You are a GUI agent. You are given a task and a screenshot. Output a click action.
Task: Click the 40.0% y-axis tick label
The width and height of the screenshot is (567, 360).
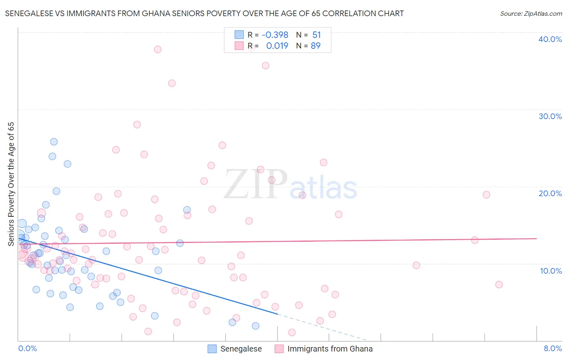coord(550,39)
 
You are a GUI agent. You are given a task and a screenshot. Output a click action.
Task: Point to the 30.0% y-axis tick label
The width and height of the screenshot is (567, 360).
coord(550,116)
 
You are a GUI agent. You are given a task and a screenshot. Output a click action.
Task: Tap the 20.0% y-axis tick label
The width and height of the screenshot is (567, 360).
coord(550,193)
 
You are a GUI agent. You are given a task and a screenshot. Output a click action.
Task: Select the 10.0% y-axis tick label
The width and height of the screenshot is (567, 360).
coord(550,271)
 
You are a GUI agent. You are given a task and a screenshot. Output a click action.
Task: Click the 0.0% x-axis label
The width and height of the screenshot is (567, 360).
coord(27,348)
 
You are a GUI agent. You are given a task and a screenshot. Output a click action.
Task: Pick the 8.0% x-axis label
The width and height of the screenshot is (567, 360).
coord(552,348)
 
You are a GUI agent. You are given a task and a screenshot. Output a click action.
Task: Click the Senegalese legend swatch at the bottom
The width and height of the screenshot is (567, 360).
coord(212,349)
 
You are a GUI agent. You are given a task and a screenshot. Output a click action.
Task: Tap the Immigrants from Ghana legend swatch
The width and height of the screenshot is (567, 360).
coord(279,349)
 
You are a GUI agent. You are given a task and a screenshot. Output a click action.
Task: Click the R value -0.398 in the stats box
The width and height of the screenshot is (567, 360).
coord(275,35)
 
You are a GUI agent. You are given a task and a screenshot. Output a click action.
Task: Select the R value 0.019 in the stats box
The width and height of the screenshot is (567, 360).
coord(277,46)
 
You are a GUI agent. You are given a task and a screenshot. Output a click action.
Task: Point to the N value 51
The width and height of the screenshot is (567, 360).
coord(316,35)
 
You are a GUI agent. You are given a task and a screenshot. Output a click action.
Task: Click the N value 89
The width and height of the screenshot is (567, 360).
coord(315,46)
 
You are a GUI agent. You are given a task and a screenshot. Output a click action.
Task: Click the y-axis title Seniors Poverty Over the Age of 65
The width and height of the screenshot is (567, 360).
coord(11,184)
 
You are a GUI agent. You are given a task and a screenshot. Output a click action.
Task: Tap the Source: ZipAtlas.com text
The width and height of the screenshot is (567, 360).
coord(531,14)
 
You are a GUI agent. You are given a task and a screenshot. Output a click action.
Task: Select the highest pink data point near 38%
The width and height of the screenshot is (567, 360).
coord(158,49)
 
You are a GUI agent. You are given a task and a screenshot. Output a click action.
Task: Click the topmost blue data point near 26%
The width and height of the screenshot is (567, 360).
coord(54,142)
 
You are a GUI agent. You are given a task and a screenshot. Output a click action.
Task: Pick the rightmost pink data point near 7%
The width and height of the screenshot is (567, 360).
coord(499,285)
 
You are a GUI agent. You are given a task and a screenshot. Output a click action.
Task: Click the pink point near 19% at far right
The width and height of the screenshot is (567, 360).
coord(486,195)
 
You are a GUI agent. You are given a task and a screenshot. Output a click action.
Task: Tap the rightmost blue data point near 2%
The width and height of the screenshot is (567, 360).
coord(255,326)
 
